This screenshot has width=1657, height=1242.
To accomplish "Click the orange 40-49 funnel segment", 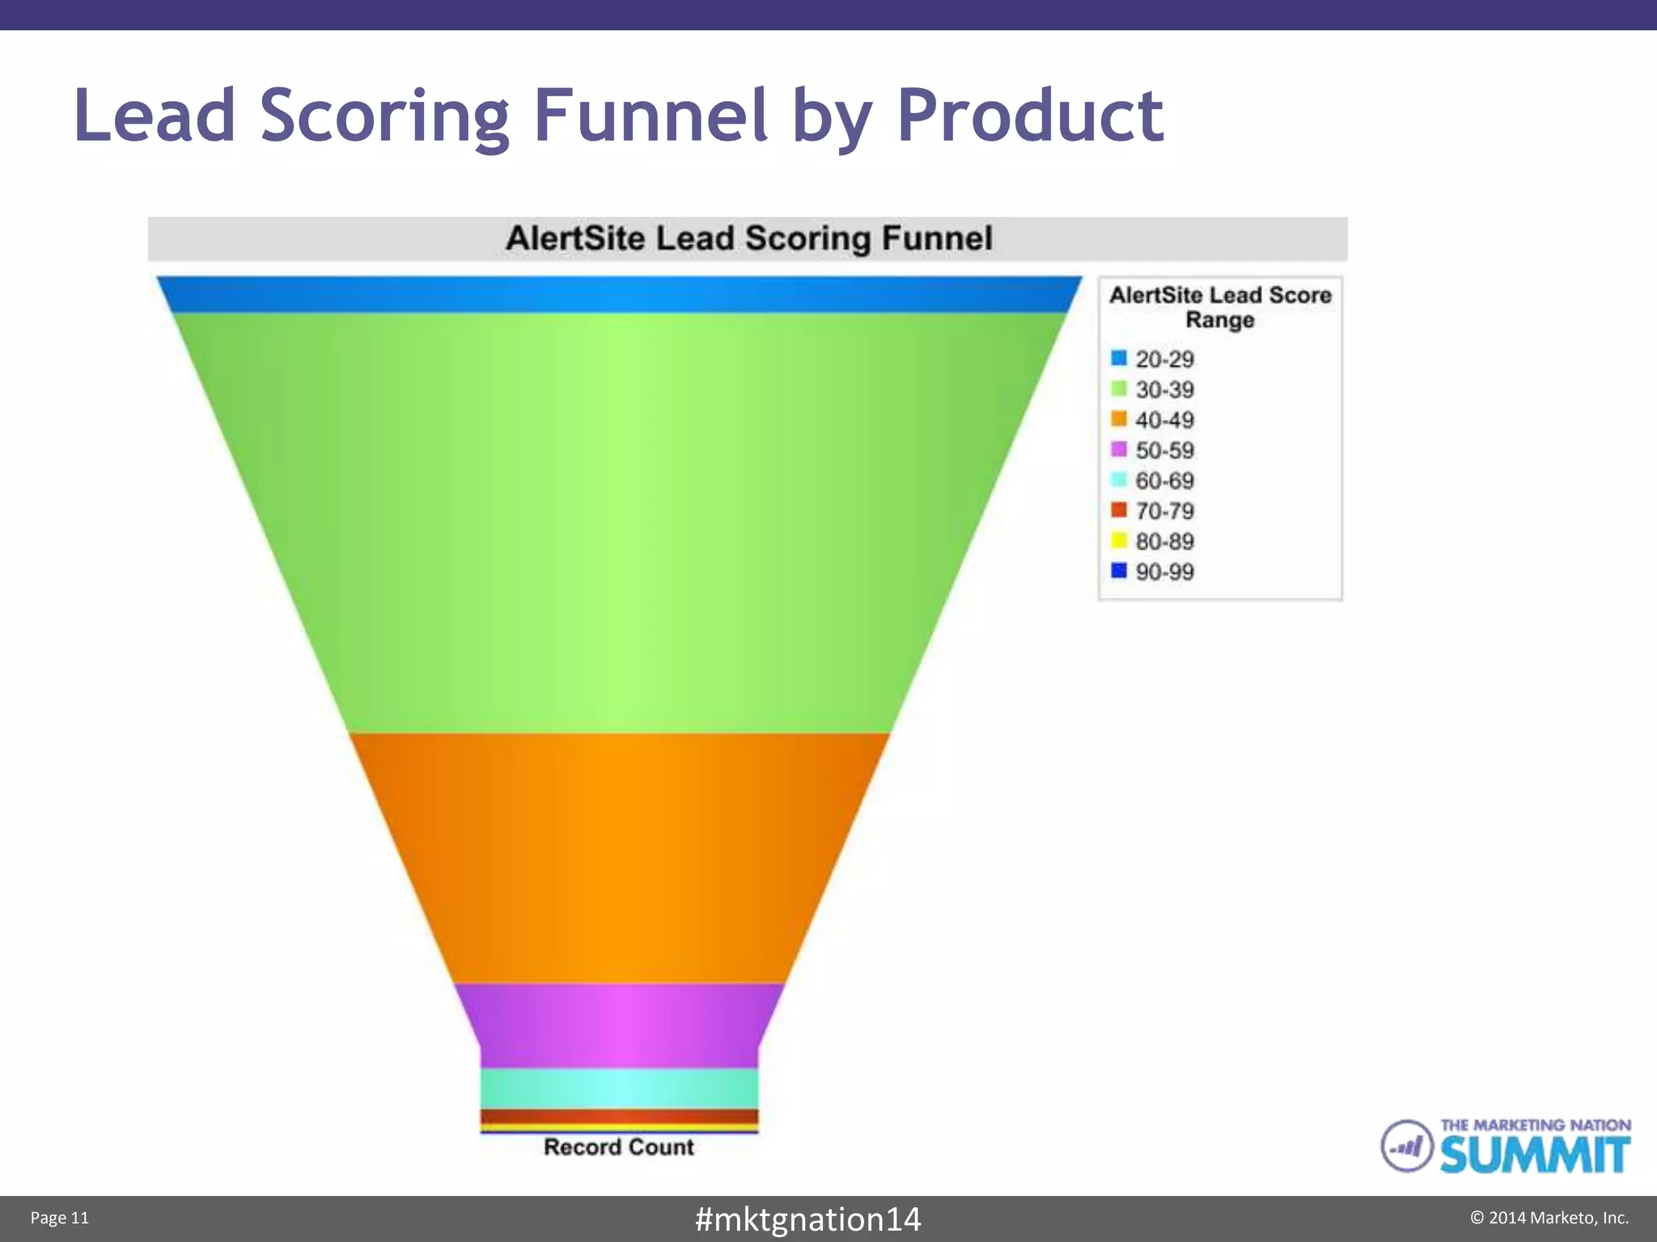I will (x=619, y=857).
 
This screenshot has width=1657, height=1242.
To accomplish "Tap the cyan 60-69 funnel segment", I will (x=619, y=1088).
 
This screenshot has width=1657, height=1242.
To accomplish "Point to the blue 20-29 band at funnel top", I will (x=619, y=294).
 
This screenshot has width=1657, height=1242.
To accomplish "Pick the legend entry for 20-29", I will (x=1153, y=359).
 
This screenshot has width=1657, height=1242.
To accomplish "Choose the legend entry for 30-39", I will (x=1153, y=390).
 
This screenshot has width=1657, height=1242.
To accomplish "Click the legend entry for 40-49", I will (x=1153, y=420).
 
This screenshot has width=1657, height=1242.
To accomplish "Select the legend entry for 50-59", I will (x=1153, y=450).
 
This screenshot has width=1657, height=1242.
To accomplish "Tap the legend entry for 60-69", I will (x=1153, y=480).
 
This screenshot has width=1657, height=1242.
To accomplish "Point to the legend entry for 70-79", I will (x=1153, y=511).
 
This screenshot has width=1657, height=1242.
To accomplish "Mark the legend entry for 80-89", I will (x=1153, y=541).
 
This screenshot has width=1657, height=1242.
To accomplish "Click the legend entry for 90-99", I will (x=1153, y=572).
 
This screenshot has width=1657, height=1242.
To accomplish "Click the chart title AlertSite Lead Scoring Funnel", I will (x=748, y=239).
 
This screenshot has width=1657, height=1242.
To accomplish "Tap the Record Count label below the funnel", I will (x=619, y=1147).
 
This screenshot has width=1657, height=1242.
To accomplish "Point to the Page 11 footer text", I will (x=60, y=1218).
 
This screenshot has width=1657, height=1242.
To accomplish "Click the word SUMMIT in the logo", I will (x=1535, y=1155).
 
